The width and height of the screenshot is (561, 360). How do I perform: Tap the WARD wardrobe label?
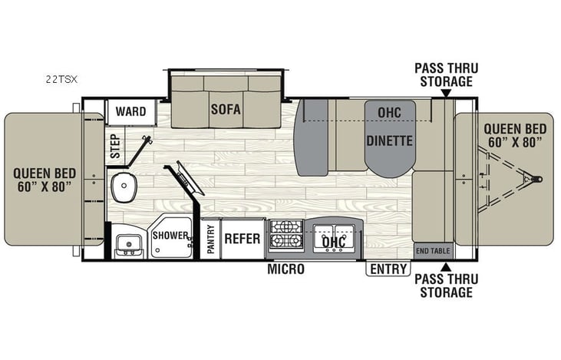tap(131, 112)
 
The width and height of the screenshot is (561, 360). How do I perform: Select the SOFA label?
tap(226, 109)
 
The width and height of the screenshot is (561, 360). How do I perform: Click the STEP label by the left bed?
tap(115, 146)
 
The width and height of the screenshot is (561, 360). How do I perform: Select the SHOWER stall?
tap(170, 237)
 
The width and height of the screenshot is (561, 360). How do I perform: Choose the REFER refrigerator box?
tap(243, 238)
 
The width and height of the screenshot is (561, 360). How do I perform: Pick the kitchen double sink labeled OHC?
tap(333, 239)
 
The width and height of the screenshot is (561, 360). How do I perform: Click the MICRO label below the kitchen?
tap(285, 269)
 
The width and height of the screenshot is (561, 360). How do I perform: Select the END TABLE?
tap(433, 251)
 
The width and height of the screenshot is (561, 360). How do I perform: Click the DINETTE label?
tap(389, 141)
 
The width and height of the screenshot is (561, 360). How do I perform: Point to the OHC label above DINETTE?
tap(389, 112)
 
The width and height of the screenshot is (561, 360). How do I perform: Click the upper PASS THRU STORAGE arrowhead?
tap(445, 94)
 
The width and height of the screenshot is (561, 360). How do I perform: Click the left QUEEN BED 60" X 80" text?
tap(42, 180)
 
